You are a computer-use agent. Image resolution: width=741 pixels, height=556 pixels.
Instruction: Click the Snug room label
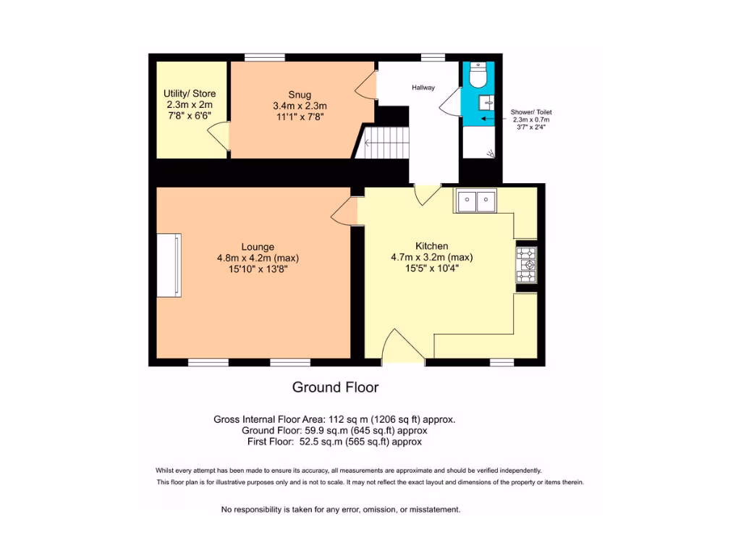(300, 94)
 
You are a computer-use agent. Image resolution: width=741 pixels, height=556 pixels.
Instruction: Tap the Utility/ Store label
(190, 93)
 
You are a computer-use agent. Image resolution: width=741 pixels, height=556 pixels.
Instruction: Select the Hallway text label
(423, 88)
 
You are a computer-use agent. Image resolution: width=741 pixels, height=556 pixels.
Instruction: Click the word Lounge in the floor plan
(258, 247)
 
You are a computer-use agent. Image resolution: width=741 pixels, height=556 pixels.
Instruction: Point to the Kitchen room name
(431, 246)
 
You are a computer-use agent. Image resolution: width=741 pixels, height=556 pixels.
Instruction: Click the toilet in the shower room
(478, 75)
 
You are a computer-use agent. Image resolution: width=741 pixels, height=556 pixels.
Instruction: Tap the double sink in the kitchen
(475, 201)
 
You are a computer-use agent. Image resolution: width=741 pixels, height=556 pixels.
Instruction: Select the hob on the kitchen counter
(526, 265)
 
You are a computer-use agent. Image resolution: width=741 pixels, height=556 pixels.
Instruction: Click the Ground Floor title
(335, 387)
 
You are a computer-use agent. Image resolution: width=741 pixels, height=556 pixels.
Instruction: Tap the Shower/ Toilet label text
(531, 112)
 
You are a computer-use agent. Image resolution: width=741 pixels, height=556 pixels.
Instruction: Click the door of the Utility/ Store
(219, 138)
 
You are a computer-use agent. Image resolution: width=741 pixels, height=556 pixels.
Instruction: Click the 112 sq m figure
(350, 419)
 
